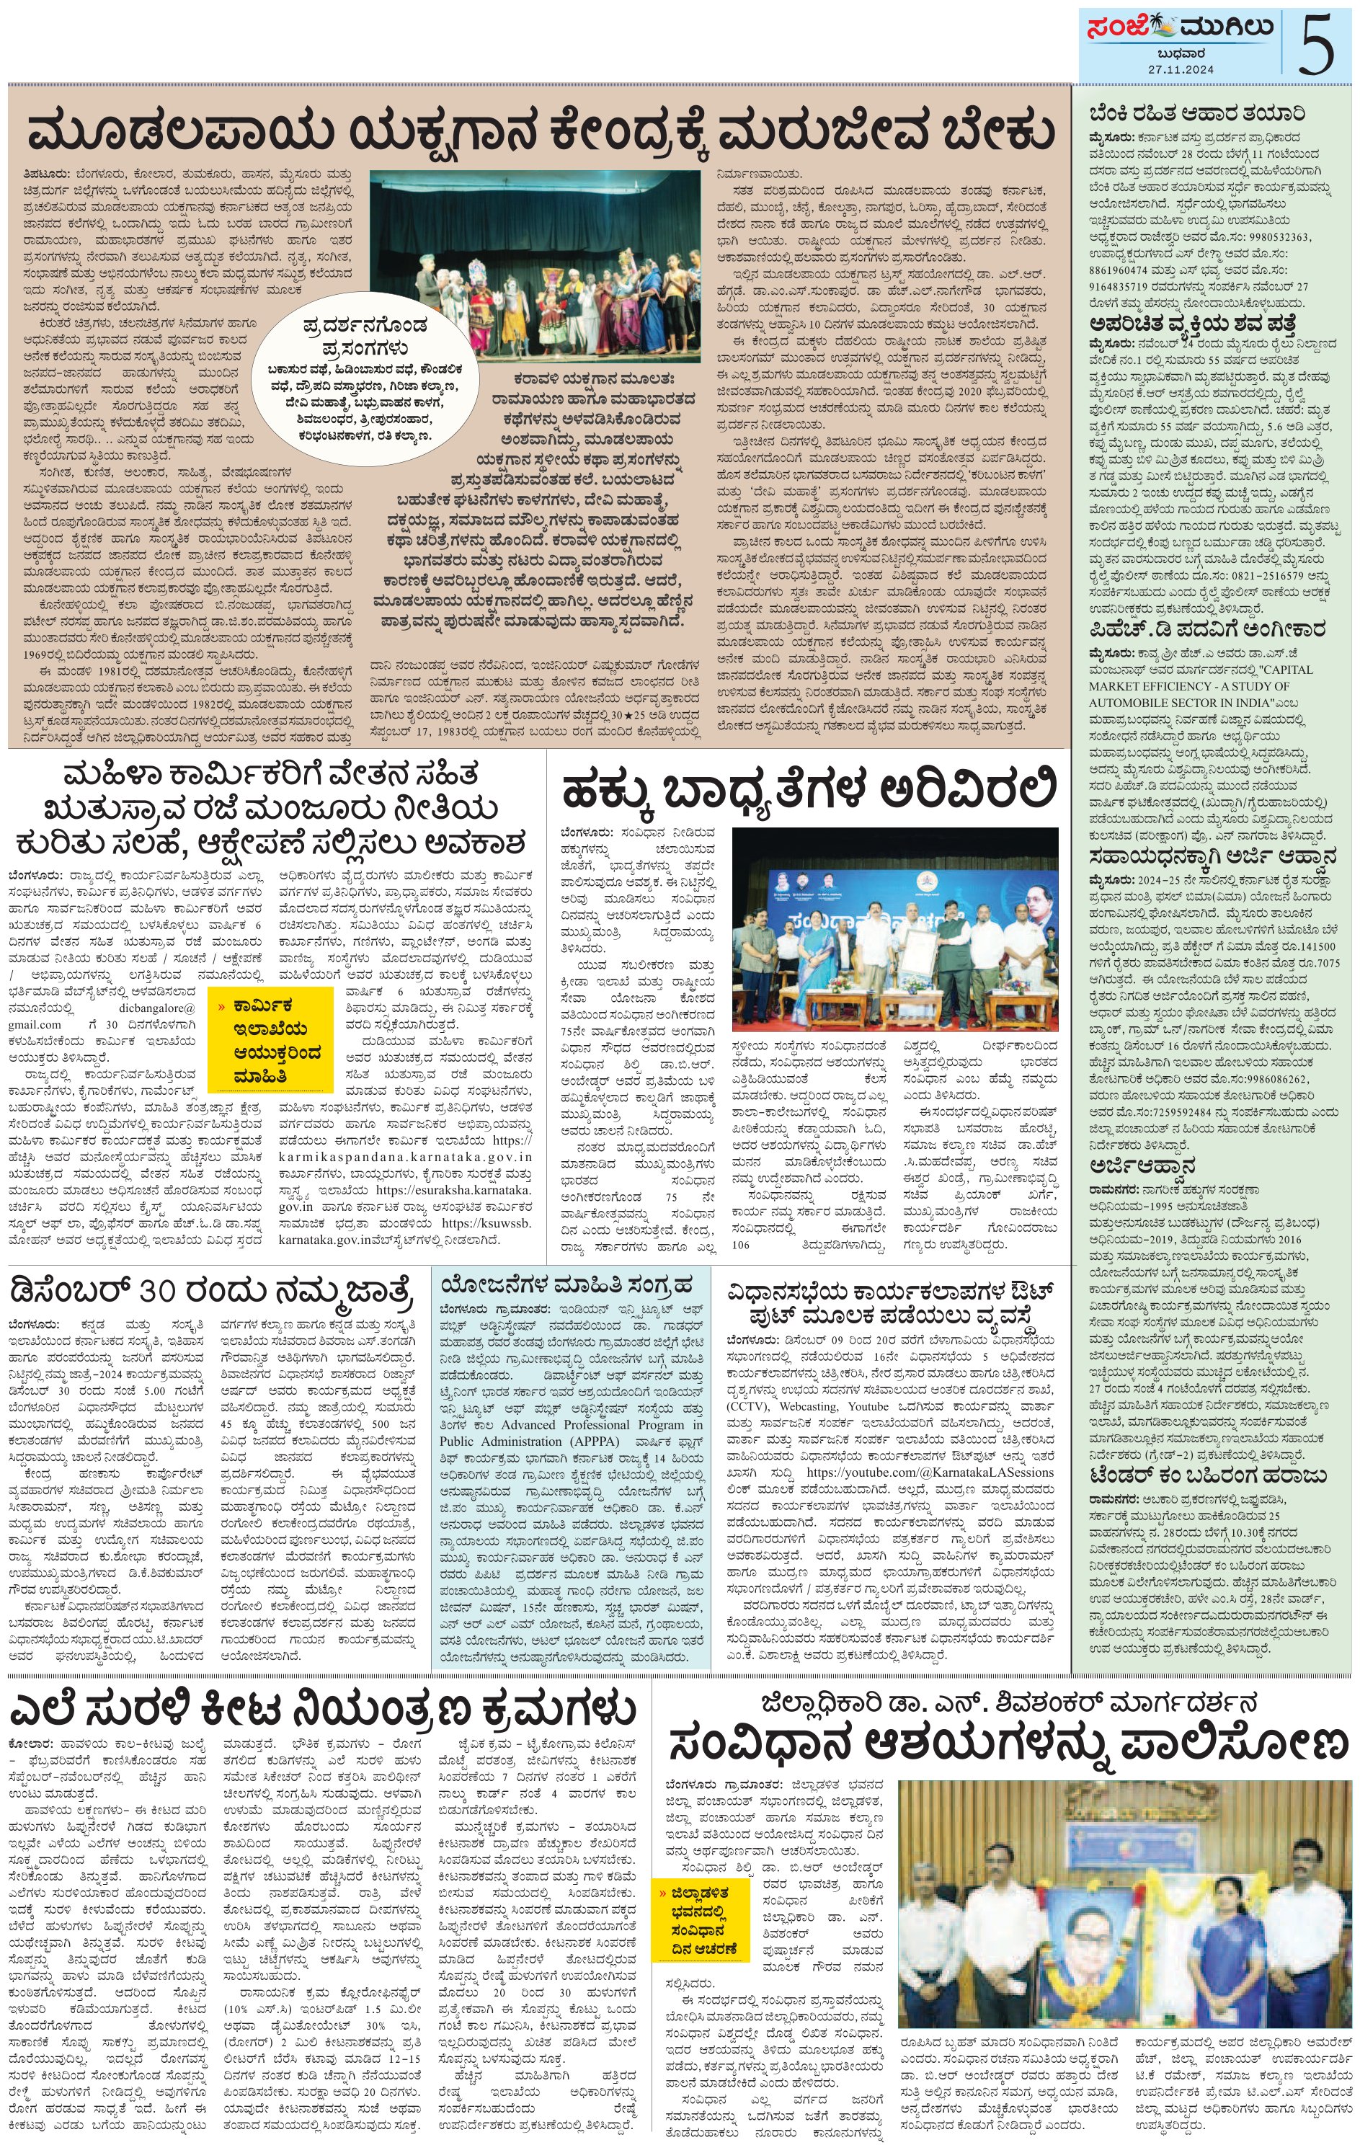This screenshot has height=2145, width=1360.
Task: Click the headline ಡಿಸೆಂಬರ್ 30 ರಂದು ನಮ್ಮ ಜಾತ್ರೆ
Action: pos(212,1291)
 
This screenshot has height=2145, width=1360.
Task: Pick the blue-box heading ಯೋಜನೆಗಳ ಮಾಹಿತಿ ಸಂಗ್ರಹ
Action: pos(566,1284)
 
